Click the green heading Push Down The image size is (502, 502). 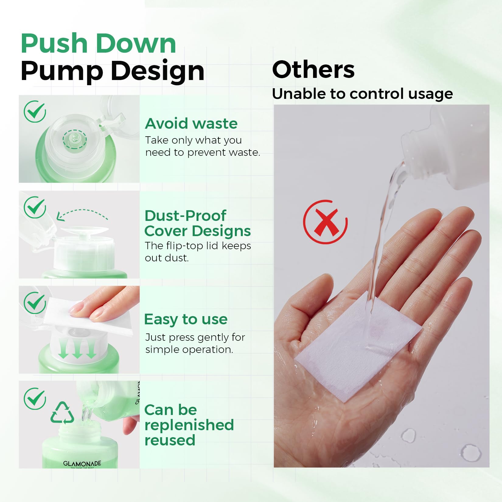click(x=98, y=44)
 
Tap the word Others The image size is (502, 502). click(x=313, y=70)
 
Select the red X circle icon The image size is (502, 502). click(x=325, y=222)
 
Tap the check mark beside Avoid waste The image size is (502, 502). click(x=35, y=111)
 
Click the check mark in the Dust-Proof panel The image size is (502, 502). click(x=35, y=207)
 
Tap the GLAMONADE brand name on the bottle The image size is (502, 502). click(x=82, y=463)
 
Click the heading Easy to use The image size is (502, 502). click(x=186, y=319)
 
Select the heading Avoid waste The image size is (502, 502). click(x=191, y=124)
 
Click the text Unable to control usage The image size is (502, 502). click(x=362, y=94)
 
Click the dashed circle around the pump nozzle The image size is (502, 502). click(x=75, y=140)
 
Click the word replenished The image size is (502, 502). click(x=189, y=425)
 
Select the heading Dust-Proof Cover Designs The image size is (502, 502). click(x=197, y=223)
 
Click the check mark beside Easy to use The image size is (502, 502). click(x=35, y=303)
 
